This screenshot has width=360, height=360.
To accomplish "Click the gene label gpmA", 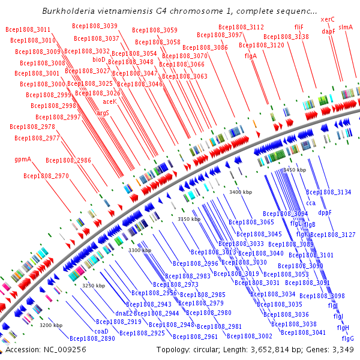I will coord(23,160).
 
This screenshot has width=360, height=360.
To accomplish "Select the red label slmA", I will coord(346,27).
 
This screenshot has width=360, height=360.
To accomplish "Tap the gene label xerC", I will coord(328,19).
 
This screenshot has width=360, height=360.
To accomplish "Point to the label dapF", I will coord(328,31).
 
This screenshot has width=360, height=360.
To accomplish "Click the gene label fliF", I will coord(299,27).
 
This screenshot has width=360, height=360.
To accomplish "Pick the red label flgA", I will coord(251,56).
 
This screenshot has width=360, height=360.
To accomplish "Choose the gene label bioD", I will coord(99,59).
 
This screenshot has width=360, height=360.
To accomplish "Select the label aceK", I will coord(110,101).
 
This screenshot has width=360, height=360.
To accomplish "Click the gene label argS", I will coord(103,112).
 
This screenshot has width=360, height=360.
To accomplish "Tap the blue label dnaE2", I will coord(124,313).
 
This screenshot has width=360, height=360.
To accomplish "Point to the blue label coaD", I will coord(101,331).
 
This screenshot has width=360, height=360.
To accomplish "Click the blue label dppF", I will coord(325,212).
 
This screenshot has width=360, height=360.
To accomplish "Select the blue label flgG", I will coord(347,338).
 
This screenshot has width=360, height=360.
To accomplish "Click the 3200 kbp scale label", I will coord(51,325).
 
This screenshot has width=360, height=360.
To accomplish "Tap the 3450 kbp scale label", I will coord(294,170).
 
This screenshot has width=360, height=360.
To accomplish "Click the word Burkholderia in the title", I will coord(69,11).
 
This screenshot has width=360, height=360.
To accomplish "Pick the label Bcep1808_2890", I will coord(92,338).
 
